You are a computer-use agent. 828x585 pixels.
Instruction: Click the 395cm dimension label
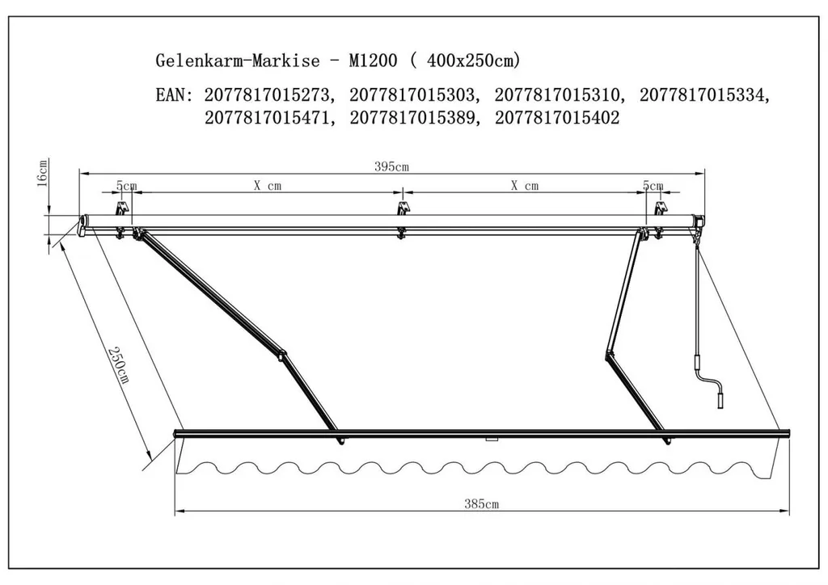(x=392, y=166)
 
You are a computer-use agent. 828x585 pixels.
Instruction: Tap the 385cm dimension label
(x=481, y=503)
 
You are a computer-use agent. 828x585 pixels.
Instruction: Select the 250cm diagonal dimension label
(x=118, y=364)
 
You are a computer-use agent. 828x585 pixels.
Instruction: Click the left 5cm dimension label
(x=127, y=186)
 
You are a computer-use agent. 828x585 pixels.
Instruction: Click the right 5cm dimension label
(x=653, y=186)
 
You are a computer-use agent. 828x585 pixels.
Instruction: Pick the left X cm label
(x=267, y=186)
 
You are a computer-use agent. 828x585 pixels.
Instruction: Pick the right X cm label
(x=524, y=186)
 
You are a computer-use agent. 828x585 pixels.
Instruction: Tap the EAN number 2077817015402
(x=557, y=118)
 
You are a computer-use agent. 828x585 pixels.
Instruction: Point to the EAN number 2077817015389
(x=412, y=118)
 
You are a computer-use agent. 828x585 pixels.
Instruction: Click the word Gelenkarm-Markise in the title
(x=238, y=60)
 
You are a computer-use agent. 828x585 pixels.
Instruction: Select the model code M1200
(x=373, y=60)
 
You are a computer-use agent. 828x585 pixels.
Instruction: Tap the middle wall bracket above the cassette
(x=403, y=208)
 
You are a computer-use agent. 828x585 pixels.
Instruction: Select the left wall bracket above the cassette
(x=123, y=208)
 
